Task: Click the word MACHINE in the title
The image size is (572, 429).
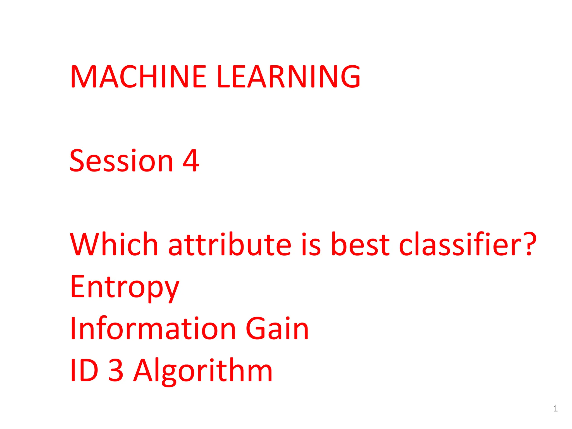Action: point(138,76)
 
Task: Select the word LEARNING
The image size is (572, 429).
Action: point(289,76)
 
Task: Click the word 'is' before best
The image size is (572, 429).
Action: point(311,245)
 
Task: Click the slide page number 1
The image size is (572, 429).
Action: point(556,409)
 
